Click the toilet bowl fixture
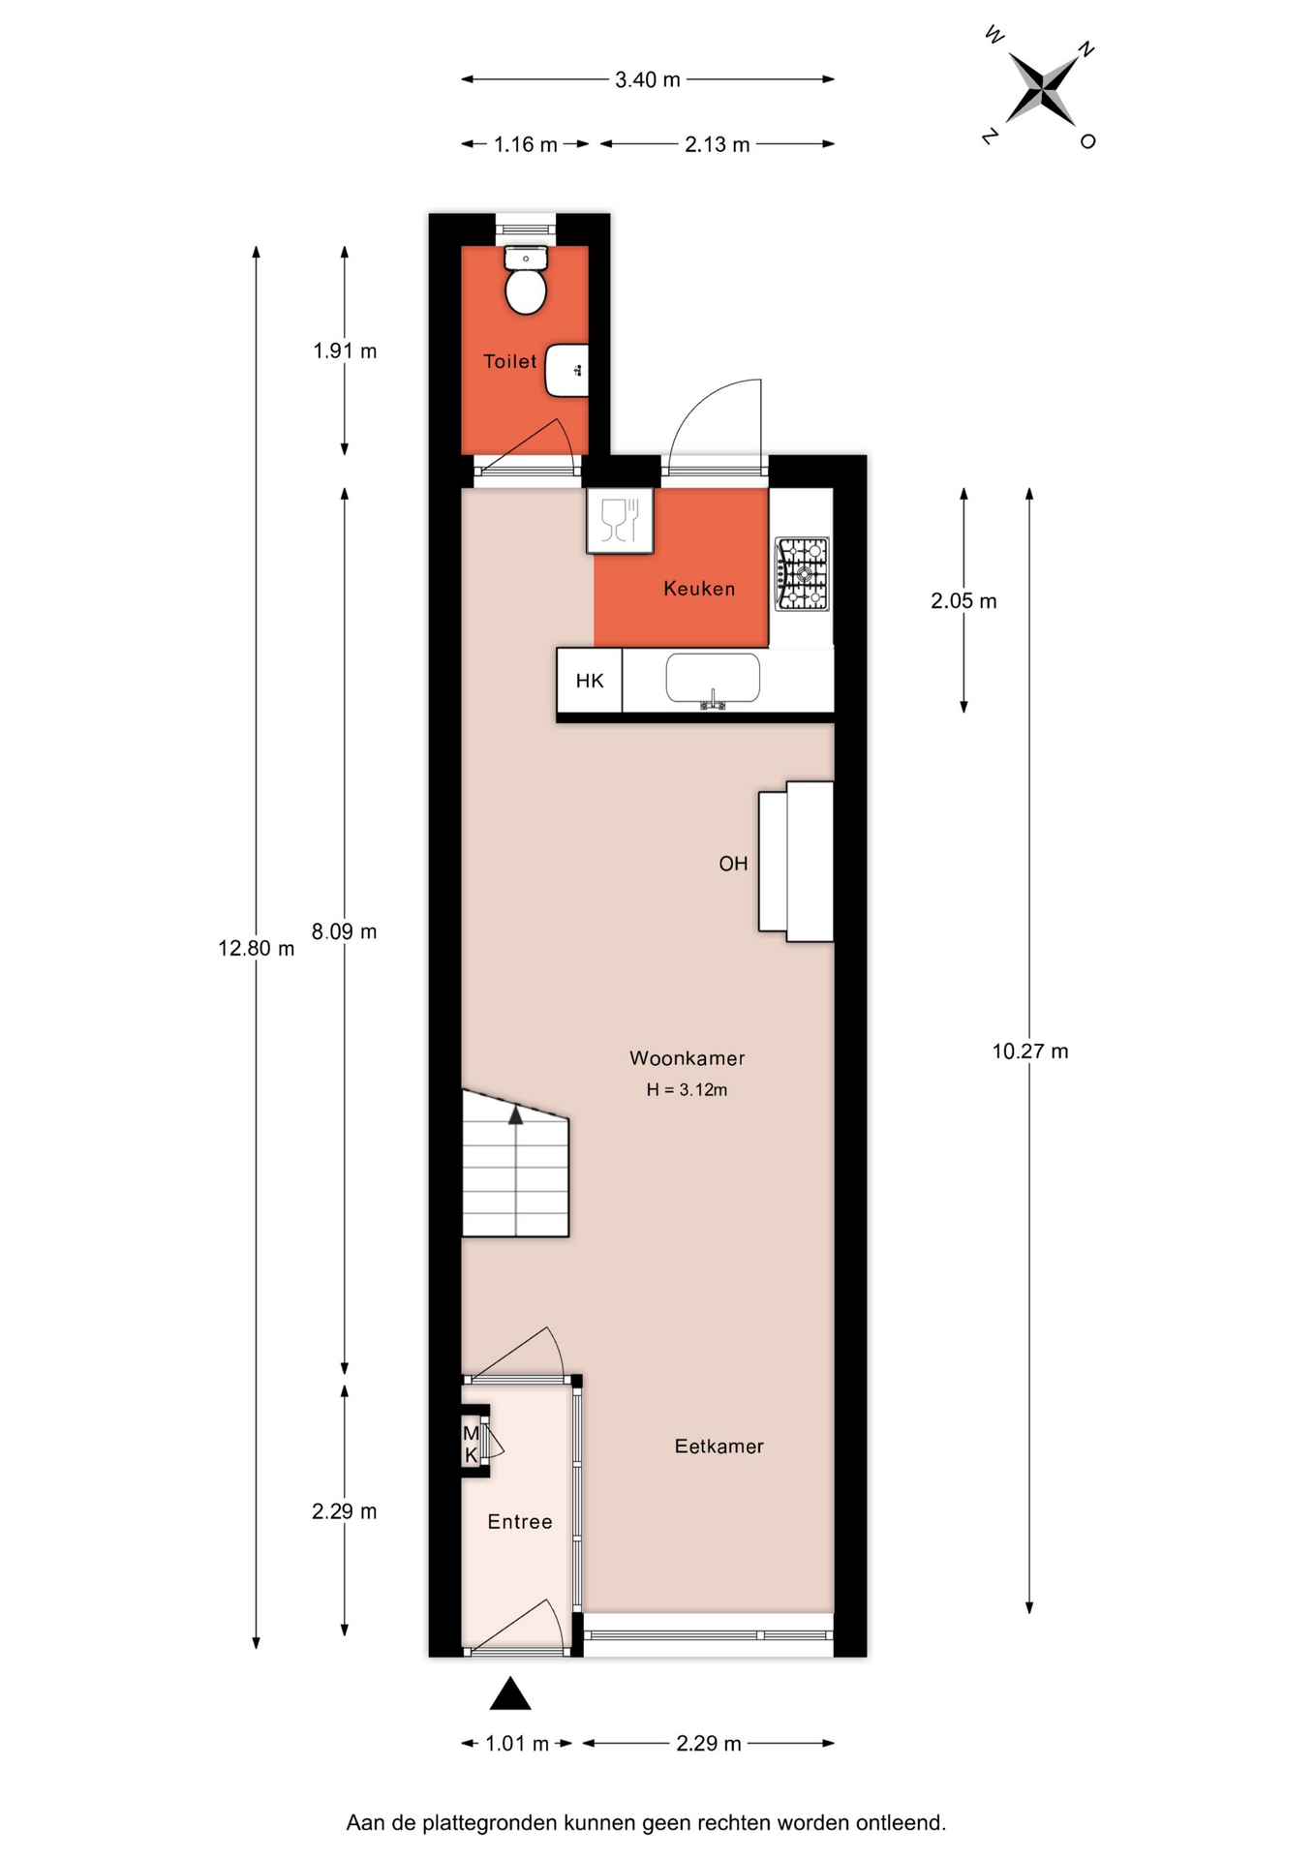coord(526,280)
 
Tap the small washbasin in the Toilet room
coord(567,370)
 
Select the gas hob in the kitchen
coord(802,574)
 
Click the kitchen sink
coord(713,679)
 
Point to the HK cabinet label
coord(590,681)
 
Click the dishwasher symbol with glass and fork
coord(620,521)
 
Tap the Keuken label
coord(699,589)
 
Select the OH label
coord(733,864)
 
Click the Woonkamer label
coord(688,1058)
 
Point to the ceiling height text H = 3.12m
coord(687,1090)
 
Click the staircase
coord(515,1164)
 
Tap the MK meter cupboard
coord(474,1441)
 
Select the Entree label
coord(520,1522)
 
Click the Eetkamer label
coord(719,1447)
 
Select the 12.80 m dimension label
coord(256,949)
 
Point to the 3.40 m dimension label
coord(648,80)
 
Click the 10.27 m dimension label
coord(1030,1051)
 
